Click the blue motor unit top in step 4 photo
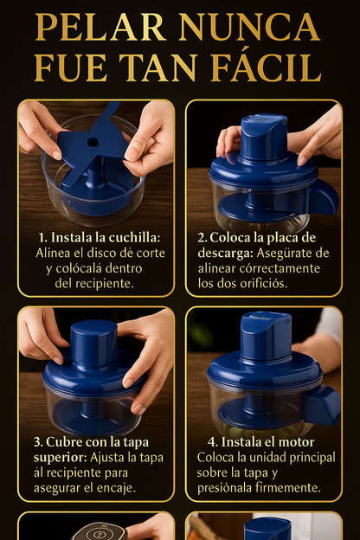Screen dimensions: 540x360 point(265,333)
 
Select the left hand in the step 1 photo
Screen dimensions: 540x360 point(39,128)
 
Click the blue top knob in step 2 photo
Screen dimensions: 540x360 point(263,136)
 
